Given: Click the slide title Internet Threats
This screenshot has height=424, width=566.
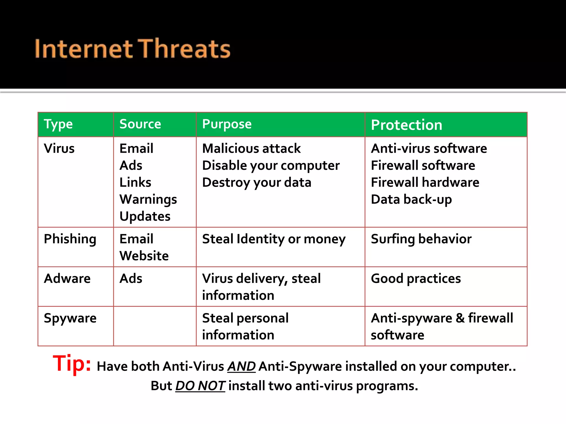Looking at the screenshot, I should pyautogui.click(x=132, y=49).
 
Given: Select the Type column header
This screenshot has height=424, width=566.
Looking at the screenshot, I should pyautogui.click(x=58, y=124).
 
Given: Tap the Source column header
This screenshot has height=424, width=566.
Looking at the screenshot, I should pyautogui.click(x=140, y=124).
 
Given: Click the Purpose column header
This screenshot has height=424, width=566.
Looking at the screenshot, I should pyautogui.click(x=227, y=124).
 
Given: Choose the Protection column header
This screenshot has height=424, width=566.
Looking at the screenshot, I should pyautogui.click(x=407, y=125).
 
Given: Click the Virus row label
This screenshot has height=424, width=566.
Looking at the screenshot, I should pyautogui.click(x=59, y=149).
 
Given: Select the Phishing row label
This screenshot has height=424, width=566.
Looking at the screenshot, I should pyautogui.click(x=70, y=239).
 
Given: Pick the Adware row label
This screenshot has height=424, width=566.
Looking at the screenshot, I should pyautogui.click(x=67, y=279).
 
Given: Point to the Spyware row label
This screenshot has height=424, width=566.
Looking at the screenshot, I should pyautogui.click(x=70, y=318).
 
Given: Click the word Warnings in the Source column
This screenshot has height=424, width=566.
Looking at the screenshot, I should pyautogui.click(x=148, y=200).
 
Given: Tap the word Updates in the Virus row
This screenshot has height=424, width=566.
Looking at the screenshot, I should pyautogui.click(x=145, y=216).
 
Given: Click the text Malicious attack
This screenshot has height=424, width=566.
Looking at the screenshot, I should pyautogui.click(x=251, y=149).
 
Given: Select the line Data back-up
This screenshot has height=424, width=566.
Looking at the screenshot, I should pyautogui.click(x=411, y=200).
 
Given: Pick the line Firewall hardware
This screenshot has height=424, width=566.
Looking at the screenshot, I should pyautogui.click(x=425, y=182).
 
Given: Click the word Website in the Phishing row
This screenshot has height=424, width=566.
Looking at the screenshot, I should pyautogui.click(x=144, y=256).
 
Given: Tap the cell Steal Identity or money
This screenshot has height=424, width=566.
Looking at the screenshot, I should pyautogui.click(x=274, y=239).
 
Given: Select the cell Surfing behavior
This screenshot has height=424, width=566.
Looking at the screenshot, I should pyautogui.click(x=421, y=239).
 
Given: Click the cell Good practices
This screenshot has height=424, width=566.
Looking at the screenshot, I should pyautogui.click(x=416, y=279).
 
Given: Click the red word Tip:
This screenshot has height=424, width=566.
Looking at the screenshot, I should pyautogui.click(x=72, y=364).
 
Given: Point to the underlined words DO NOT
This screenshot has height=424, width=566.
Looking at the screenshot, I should pyautogui.click(x=200, y=386).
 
